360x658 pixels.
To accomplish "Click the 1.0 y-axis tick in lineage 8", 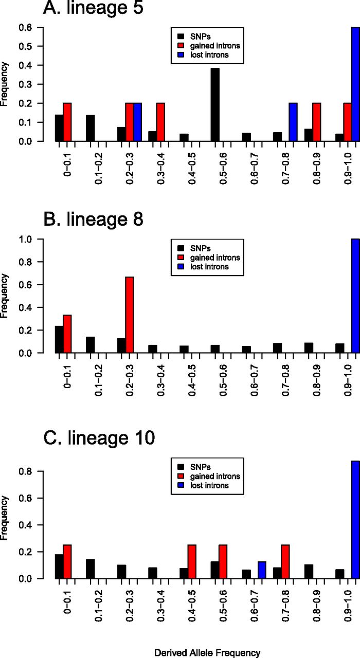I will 38,239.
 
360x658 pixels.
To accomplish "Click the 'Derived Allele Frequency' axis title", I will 207,649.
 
